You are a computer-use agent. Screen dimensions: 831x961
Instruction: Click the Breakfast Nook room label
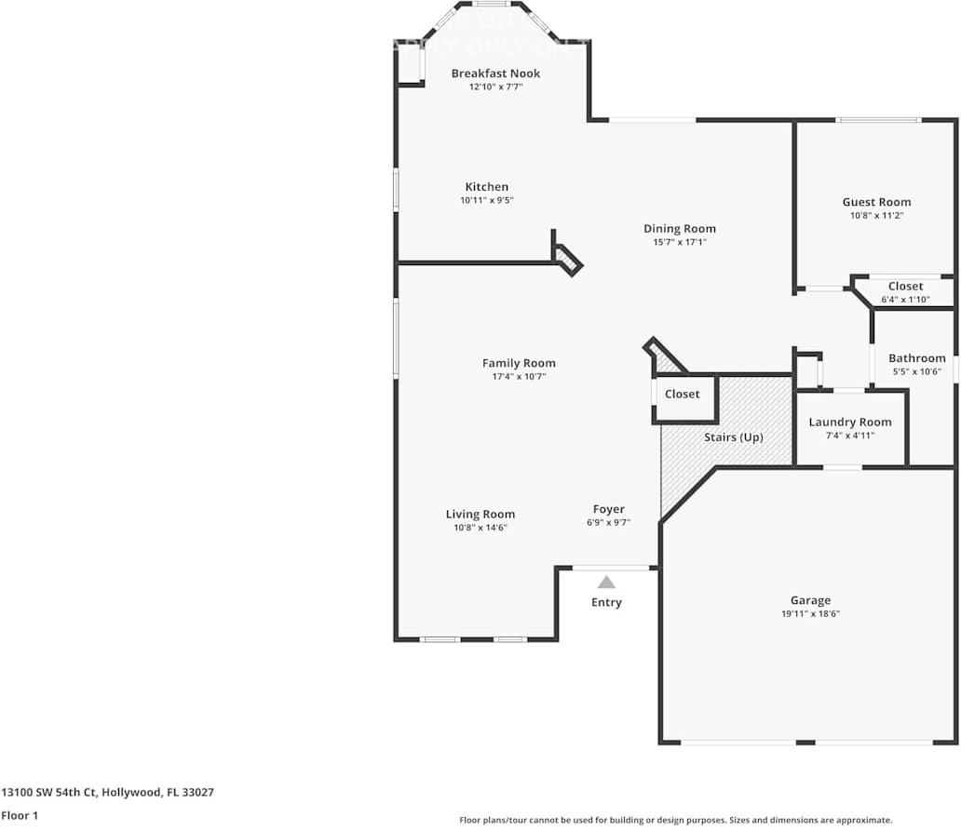coord(495,74)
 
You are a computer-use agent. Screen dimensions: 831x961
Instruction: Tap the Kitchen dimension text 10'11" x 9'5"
coord(487,200)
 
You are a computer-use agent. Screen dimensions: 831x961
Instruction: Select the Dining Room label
coord(680,229)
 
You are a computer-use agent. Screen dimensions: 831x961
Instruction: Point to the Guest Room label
coord(876,202)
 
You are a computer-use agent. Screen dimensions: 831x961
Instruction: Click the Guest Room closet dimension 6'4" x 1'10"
coord(905,300)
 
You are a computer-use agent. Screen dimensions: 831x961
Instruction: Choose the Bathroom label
coord(916,358)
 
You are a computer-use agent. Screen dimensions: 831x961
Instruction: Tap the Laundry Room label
coord(849,422)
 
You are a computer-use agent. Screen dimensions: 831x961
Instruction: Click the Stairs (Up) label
coord(733,437)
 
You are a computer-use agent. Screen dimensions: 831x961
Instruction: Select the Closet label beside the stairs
coord(682,395)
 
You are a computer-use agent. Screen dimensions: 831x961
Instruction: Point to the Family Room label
coord(519,364)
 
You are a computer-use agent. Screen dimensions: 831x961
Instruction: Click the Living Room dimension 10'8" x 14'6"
coord(480,528)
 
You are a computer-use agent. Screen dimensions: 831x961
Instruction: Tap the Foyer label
coord(609,509)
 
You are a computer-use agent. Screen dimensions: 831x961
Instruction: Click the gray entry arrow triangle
coord(606,583)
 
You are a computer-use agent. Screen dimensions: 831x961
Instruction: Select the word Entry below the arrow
coord(606,602)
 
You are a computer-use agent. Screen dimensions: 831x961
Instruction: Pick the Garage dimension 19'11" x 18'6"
coord(810,614)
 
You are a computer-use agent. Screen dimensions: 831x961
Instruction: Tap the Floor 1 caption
coord(20,815)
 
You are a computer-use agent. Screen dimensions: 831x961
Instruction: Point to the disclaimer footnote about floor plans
coord(675,820)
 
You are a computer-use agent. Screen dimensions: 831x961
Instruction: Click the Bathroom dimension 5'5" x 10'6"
coord(916,371)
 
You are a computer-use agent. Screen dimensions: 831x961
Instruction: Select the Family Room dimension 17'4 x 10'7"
coord(519,377)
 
